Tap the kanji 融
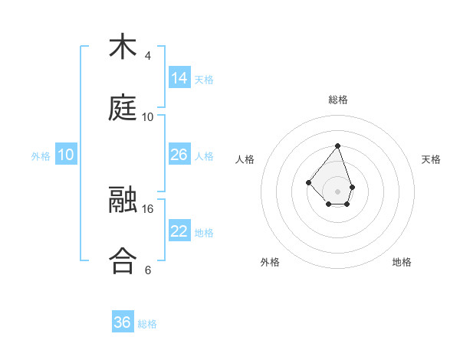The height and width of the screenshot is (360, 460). tap(123, 201)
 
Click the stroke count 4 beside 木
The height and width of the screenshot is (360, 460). tap(148, 56)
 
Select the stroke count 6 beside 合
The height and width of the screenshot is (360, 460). tap(148, 270)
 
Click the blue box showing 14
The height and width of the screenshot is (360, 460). tap(179, 78)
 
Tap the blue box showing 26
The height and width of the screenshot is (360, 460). tap(179, 155)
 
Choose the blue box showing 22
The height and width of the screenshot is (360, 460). tap(179, 231)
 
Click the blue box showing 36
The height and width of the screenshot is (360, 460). tap(123, 322)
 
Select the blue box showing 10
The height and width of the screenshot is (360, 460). tap(66, 155)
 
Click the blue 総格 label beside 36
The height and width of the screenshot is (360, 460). tap(147, 324)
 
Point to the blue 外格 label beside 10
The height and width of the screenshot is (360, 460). tap(41, 155)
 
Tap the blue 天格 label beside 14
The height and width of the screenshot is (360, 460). tap(204, 80)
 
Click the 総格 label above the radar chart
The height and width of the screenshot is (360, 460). tap(337, 100)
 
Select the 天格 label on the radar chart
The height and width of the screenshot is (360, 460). tap(431, 159)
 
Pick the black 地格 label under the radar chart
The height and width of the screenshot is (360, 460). tap(402, 262)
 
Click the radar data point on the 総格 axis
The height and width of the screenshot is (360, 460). tap(337, 146)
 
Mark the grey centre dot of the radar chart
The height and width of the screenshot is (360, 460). tap(337, 191)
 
